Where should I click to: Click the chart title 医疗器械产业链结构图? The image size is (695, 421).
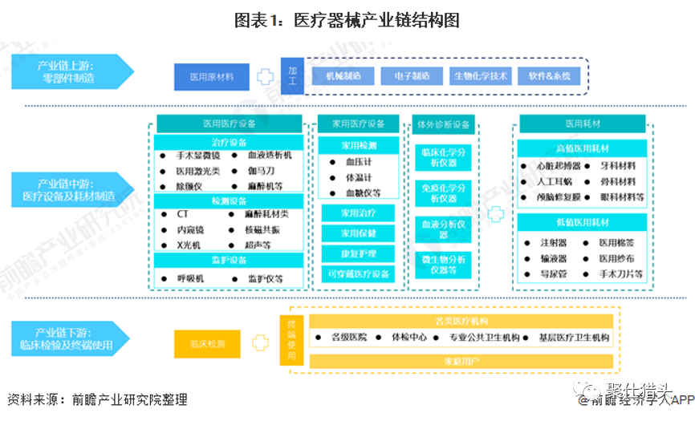(347, 20)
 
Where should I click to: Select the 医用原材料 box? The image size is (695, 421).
(211, 77)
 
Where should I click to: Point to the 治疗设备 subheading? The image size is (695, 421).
(230, 142)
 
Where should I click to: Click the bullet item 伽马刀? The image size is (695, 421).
(262, 170)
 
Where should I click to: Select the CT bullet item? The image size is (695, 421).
(183, 215)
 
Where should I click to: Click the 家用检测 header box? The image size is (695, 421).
(357, 145)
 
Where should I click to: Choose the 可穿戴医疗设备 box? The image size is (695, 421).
(357, 274)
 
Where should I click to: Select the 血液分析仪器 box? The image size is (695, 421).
(445, 229)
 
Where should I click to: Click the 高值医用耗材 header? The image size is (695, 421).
(583, 148)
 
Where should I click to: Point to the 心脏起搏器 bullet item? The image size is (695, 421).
(557, 166)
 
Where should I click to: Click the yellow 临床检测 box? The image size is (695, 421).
(207, 343)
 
